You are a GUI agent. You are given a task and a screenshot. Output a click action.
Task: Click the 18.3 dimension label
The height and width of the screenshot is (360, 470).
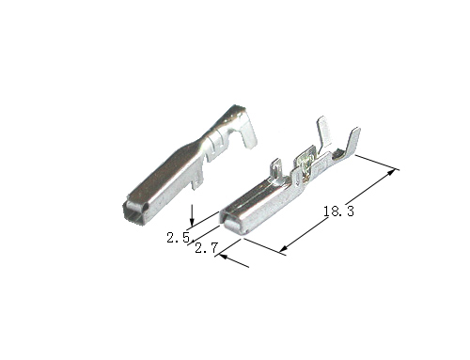pyautogui.click(x=338, y=211)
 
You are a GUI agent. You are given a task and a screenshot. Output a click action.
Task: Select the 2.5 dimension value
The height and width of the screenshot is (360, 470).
pyautogui.click(x=179, y=238)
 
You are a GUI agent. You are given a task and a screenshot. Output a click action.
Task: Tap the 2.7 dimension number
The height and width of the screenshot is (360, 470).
pyautogui.click(x=206, y=248)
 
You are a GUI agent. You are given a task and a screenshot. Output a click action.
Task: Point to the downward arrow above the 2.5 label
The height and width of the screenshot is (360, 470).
pyautogui.click(x=192, y=215)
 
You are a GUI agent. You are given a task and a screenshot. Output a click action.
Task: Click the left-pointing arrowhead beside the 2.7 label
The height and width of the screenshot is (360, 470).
pyautogui.click(x=223, y=257)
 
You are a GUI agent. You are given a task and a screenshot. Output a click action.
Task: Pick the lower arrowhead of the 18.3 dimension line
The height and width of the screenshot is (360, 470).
pyautogui.click(x=283, y=248)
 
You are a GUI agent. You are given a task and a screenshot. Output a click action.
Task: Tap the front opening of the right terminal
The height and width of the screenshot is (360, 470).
pyautogui.click(x=234, y=225)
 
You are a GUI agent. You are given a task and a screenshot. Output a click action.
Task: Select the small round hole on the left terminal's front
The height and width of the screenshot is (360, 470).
pyautogui.click(x=144, y=208)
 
